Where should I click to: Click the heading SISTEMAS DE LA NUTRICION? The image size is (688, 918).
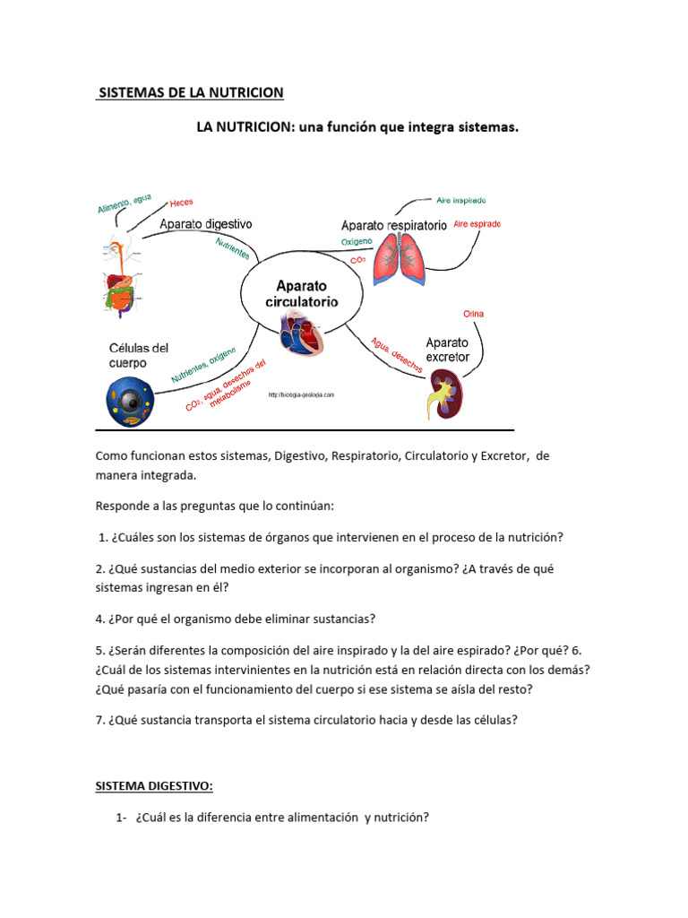pos(190,92)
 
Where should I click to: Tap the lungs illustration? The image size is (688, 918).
pos(399,259)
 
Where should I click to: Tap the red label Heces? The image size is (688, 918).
pos(181,204)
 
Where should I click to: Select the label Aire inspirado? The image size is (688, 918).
pos(461,200)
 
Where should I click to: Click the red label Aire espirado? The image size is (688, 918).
pos(477,223)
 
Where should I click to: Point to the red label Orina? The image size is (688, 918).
pos(473,314)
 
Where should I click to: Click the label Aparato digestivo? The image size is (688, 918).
pos(206,223)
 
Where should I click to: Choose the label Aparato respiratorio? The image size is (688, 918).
pos(393,226)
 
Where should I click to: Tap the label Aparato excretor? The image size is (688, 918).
pos(447,350)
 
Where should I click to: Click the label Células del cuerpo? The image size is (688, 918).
pos(138,355)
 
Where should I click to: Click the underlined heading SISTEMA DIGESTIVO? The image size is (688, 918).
pos(154,786)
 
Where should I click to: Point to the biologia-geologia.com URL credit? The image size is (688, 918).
pos(301,394)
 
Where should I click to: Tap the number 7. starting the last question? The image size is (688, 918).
pos(100,720)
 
